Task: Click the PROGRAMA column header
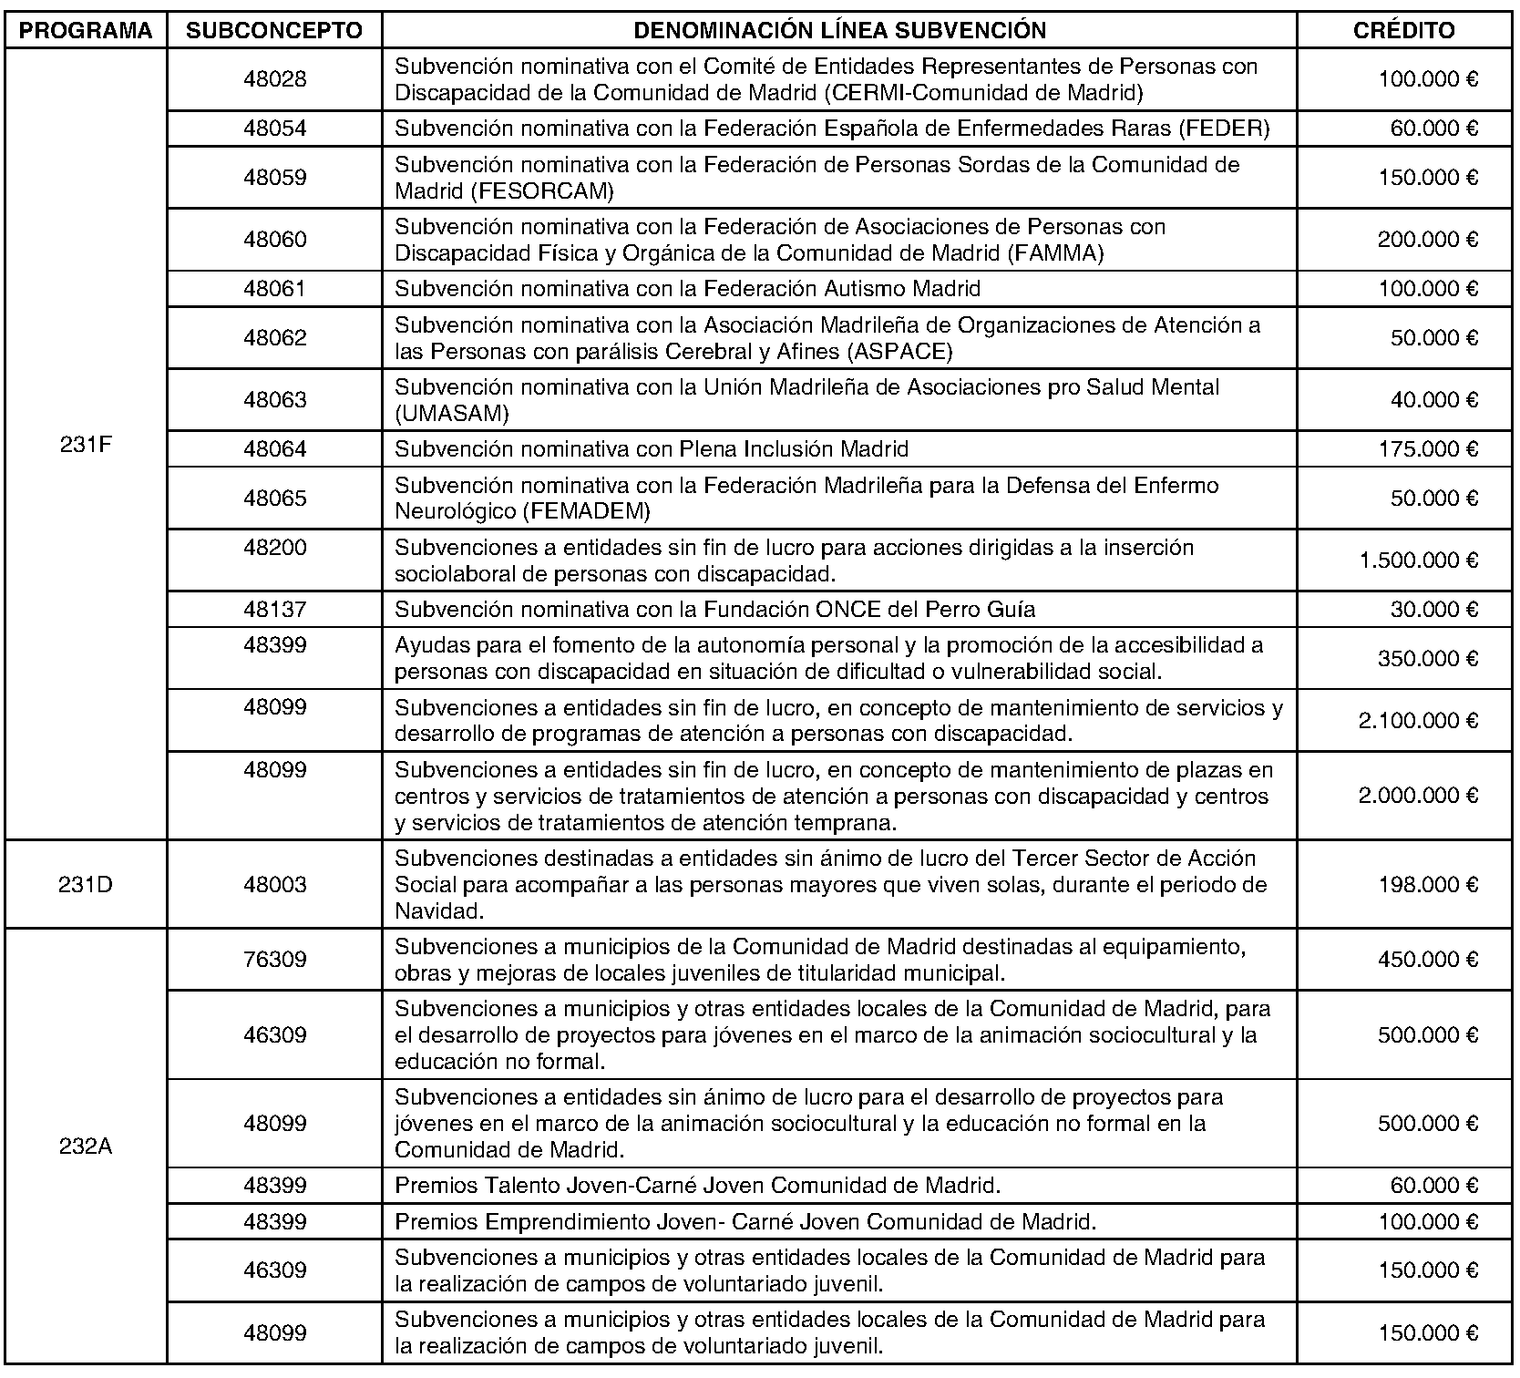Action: click(x=86, y=31)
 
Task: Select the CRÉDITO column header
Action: click(x=1403, y=31)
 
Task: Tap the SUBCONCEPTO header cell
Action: click(x=274, y=31)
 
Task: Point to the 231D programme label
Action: click(x=86, y=885)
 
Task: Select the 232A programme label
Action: click(x=86, y=1147)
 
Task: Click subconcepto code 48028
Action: click(x=274, y=79)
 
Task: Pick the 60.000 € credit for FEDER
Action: click(x=1433, y=129)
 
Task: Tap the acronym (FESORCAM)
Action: click(x=504, y=191)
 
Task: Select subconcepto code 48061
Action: click(x=274, y=289)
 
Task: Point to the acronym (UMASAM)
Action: click(x=452, y=414)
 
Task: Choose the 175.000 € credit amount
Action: click(x=1427, y=449)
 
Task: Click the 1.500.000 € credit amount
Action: click(x=1418, y=560)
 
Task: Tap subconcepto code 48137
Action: click(x=274, y=609)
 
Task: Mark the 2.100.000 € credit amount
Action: click(x=1418, y=721)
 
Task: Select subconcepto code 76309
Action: click(x=274, y=960)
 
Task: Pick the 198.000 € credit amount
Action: click(x=1427, y=885)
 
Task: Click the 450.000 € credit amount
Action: click(x=1427, y=960)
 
